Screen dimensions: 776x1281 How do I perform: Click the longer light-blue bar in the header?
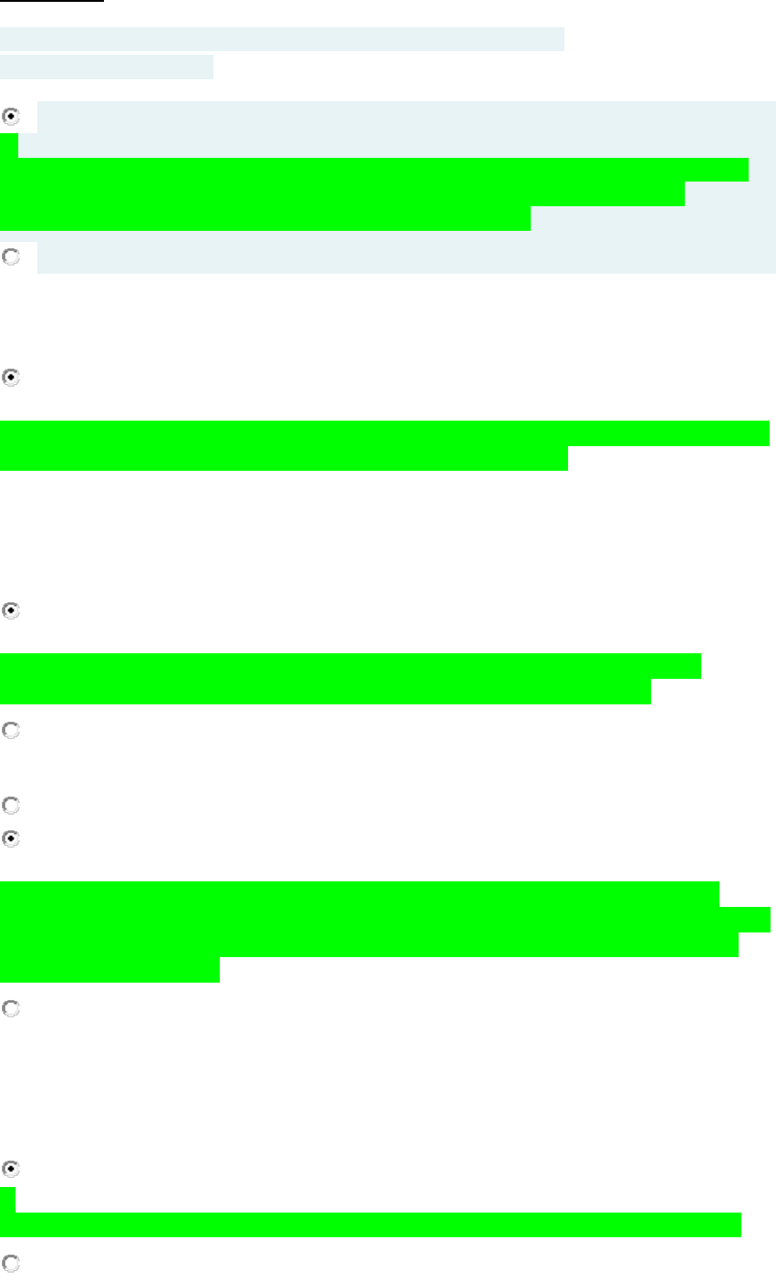(282, 38)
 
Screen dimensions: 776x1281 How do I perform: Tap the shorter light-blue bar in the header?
(106, 67)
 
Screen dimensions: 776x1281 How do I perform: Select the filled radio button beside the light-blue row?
(10, 117)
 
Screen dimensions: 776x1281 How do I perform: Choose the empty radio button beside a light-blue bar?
(10, 257)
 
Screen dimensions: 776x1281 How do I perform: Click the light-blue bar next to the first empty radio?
(406, 258)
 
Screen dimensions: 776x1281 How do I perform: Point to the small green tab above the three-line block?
(8, 145)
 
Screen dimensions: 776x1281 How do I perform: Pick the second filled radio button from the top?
(10, 376)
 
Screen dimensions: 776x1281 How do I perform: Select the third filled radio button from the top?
(10, 611)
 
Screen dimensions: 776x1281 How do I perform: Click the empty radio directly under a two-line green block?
(10, 731)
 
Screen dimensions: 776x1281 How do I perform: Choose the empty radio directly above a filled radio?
(10, 806)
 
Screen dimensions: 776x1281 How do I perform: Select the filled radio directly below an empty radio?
(10, 838)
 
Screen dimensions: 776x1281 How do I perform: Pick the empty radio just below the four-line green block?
(10, 1009)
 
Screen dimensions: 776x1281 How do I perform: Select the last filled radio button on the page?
(10, 1168)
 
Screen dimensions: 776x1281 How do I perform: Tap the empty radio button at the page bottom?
(10, 1264)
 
